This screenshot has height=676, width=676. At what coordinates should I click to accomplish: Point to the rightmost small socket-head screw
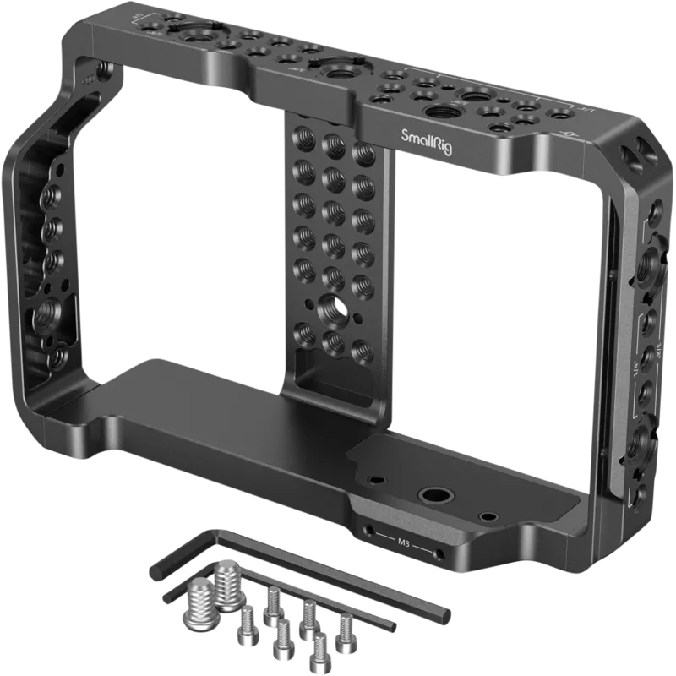[x=345, y=628]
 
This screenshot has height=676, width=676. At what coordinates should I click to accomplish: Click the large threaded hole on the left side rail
[x=44, y=317]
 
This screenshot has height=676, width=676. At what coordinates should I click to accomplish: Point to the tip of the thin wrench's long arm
[x=392, y=626]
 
